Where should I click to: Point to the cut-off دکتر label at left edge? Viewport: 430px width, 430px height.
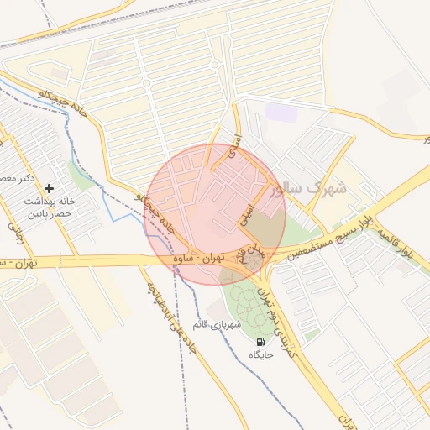click(19, 179)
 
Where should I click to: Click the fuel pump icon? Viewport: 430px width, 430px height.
click(260, 343)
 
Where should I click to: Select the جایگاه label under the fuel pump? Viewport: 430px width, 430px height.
click(261, 356)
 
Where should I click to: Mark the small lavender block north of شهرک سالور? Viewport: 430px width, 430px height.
click(276, 113)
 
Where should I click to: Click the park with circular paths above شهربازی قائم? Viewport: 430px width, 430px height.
click(245, 303)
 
